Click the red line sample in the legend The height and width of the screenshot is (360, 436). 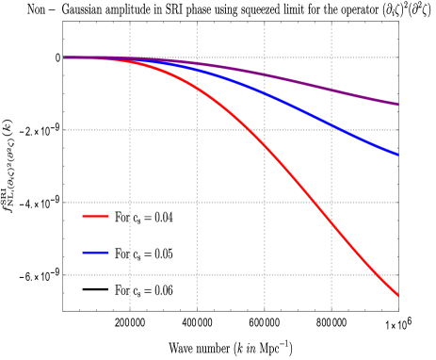tap(95, 216)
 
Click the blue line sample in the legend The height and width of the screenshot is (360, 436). tap(95, 252)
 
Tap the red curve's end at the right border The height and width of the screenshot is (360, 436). tap(397, 296)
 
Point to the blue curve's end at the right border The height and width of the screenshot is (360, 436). tap(397, 154)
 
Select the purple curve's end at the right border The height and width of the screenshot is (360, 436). tap(397, 105)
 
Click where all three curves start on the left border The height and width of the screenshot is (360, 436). tap(63, 57)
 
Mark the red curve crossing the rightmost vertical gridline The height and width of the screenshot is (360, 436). tap(331, 221)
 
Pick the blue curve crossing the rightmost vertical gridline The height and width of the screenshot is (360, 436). tap(331, 125)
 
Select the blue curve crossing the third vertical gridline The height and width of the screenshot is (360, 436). tap(265, 94)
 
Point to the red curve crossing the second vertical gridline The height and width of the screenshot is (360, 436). tap(197, 88)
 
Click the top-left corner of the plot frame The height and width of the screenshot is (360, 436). tap(63, 22)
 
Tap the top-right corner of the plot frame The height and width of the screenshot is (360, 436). tap(398, 22)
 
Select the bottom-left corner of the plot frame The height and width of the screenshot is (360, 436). tap(63, 310)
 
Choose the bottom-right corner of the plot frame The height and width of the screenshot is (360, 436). tap(398, 310)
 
